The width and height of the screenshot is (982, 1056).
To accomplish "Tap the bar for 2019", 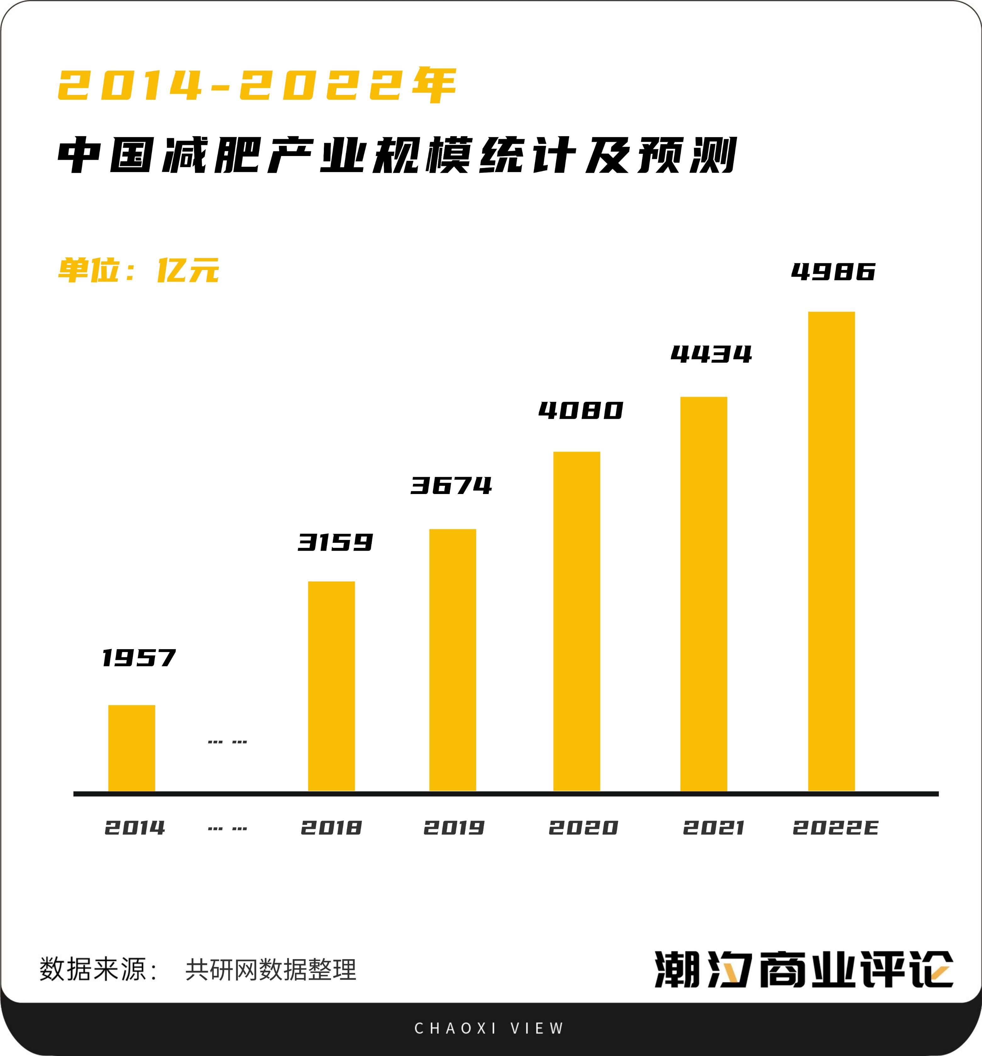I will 452,660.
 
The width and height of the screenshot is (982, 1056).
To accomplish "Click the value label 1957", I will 139,658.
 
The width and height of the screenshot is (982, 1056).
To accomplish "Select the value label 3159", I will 335,542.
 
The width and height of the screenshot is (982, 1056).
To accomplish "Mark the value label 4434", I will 711,354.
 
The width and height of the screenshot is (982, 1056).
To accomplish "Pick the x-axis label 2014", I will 135,828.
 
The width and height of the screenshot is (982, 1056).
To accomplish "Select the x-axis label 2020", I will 583,828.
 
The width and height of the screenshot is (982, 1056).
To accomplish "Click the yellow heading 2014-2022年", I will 257,85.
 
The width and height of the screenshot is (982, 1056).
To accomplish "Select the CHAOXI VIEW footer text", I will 489,1028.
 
